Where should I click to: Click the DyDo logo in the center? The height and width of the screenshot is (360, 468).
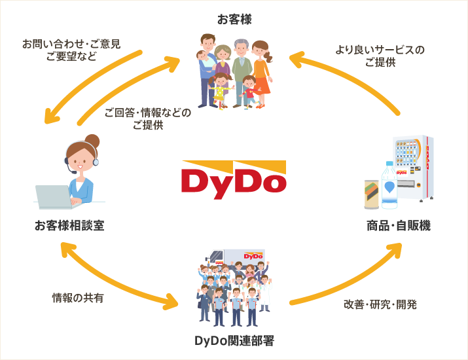(234, 177)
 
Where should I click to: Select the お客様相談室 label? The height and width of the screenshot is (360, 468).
(69, 226)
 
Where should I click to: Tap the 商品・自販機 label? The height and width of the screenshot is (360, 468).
(399, 226)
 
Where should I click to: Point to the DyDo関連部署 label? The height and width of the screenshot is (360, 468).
(234, 340)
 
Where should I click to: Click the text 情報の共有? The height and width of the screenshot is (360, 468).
(78, 298)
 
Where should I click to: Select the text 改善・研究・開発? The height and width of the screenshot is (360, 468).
(380, 304)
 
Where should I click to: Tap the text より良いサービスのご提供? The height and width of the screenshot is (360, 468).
(380, 56)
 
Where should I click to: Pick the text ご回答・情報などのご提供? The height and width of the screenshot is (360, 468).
(148, 118)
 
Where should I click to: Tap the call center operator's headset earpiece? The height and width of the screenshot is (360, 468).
(67, 160)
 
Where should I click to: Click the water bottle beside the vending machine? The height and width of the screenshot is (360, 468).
(391, 183)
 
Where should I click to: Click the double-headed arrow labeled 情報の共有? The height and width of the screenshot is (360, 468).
(118, 275)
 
